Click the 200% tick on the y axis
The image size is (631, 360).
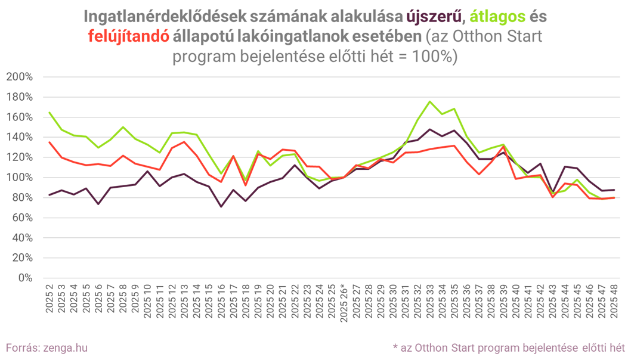tap(20, 77)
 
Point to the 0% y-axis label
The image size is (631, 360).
tap(26, 278)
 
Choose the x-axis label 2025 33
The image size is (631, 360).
tap(429, 301)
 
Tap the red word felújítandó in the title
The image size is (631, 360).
tap(128, 37)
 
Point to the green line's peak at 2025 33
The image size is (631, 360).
tap(429, 101)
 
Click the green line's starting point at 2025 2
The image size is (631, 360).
tap(49, 112)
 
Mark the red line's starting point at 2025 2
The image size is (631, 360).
tap(49, 142)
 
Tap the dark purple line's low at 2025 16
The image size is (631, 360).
tap(222, 207)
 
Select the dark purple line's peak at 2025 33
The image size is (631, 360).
tap(429, 129)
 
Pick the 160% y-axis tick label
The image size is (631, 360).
tap(20, 117)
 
